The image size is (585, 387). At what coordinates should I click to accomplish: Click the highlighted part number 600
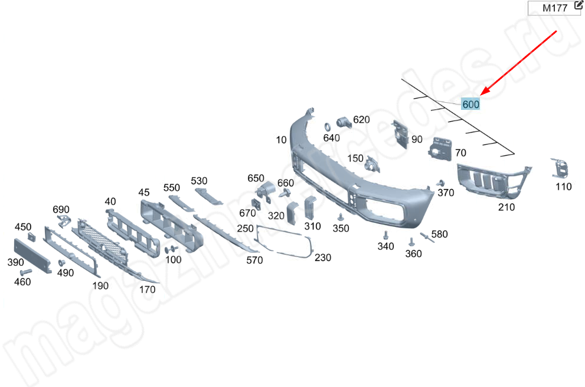(471, 105)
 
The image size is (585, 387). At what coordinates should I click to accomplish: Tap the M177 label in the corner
(547, 8)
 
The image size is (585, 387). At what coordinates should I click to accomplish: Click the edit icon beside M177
(570, 7)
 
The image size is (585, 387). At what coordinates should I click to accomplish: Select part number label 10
(280, 140)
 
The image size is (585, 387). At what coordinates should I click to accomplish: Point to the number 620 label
(361, 119)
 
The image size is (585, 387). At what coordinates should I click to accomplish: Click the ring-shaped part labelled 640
(327, 126)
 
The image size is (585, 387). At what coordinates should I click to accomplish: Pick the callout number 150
(355, 158)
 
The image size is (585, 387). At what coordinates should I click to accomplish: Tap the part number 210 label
(506, 207)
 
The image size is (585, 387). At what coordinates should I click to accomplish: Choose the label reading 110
(563, 187)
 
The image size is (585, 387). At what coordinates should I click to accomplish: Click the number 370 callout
(446, 193)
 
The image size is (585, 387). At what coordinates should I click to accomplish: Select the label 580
(439, 235)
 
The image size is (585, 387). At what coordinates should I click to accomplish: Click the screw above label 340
(385, 235)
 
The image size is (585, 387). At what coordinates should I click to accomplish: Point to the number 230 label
(323, 258)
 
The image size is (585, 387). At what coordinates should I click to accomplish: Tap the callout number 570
(254, 260)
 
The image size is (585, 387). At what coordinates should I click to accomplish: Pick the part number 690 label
(61, 210)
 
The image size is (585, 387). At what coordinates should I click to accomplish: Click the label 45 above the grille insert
(144, 193)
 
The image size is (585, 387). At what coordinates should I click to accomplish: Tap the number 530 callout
(199, 181)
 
